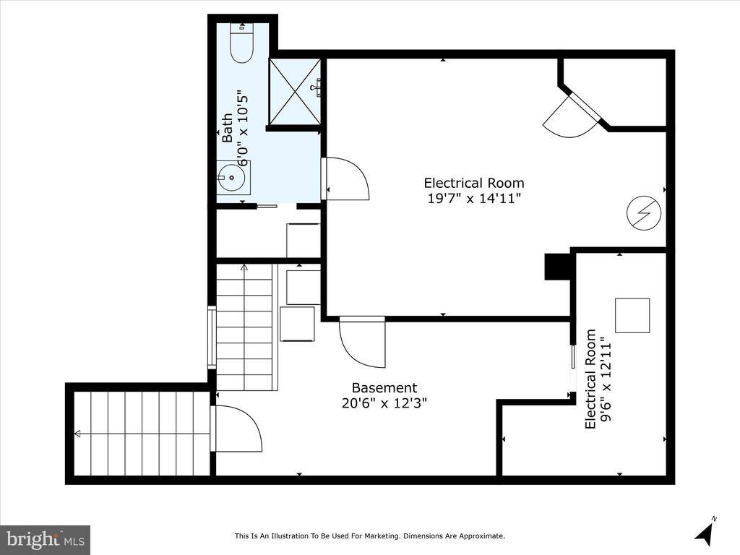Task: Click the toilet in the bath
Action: [241, 43]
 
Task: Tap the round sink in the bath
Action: [231, 178]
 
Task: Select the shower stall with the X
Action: [295, 92]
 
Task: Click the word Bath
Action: [228, 127]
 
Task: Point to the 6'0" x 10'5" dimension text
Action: [242, 127]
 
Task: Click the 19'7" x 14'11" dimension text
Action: [474, 198]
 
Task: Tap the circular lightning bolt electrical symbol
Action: [644, 213]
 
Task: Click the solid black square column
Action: [558, 267]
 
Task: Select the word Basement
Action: [384, 388]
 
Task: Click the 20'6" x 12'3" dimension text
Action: [384, 403]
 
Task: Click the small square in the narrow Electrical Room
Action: [632, 315]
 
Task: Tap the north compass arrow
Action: [704, 531]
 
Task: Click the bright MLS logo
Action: [45, 540]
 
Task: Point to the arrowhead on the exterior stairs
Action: [77, 434]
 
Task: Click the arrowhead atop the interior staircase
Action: [244, 267]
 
